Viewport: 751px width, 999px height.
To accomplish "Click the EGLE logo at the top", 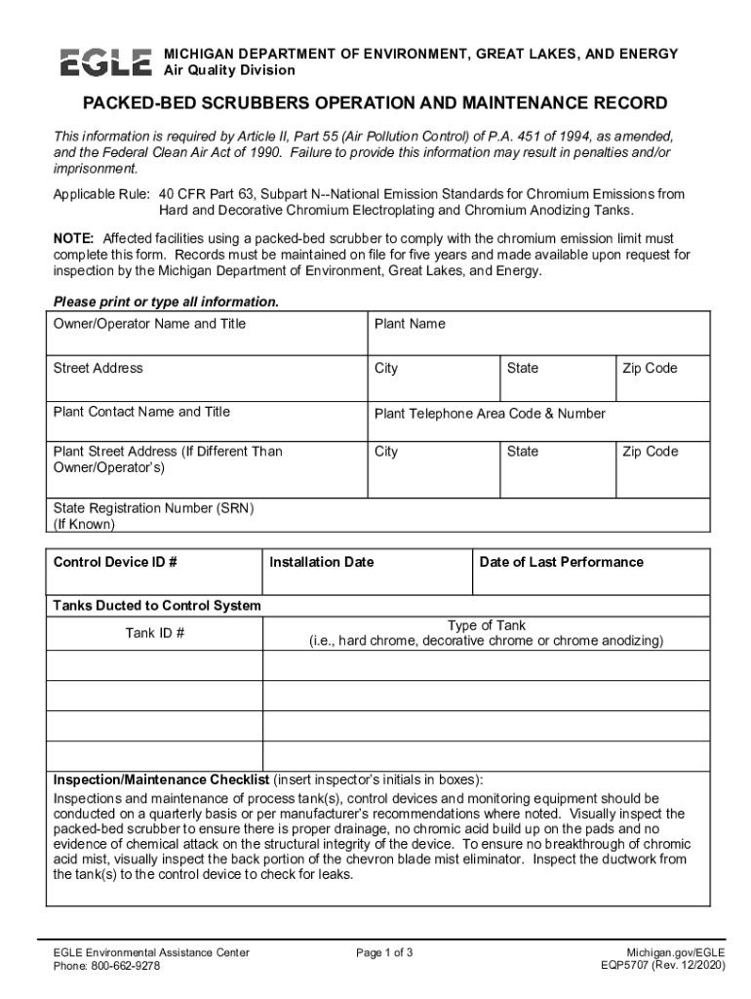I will tap(105, 61).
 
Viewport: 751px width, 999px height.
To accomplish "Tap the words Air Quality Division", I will tap(228, 70).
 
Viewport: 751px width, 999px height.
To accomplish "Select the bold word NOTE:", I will tap(74, 238).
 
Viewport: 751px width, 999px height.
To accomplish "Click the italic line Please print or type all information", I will tap(166, 301).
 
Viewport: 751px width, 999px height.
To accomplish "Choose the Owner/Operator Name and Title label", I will tap(149, 324).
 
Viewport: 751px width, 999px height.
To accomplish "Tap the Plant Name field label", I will tap(410, 324).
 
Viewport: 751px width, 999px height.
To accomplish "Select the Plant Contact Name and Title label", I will tap(141, 412).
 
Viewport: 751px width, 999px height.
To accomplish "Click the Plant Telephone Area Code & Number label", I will tap(490, 414).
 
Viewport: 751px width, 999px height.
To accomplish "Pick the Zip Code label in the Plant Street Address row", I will tap(650, 452).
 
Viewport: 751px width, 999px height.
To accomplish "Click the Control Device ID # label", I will tap(115, 562).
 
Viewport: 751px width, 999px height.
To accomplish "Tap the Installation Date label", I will tap(321, 562).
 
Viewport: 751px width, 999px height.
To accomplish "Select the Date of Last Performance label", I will tap(561, 562).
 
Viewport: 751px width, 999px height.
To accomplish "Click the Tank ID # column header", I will tap(154, 633).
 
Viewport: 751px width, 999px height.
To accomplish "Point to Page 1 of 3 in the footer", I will tap(384, 952).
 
